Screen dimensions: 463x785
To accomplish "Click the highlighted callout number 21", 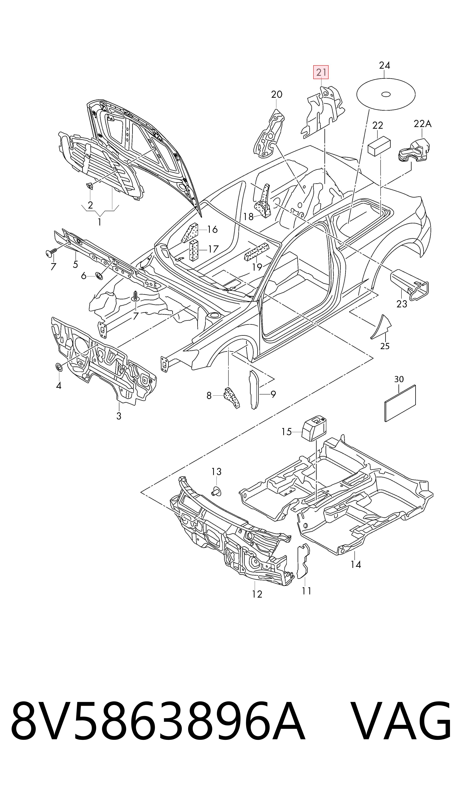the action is tap(321, 72).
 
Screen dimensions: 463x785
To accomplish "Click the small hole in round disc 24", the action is tap(386, 94).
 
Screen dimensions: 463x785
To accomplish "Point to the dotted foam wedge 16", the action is tap(190, 232).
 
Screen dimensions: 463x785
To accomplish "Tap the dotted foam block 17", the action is tap(193, 250).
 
